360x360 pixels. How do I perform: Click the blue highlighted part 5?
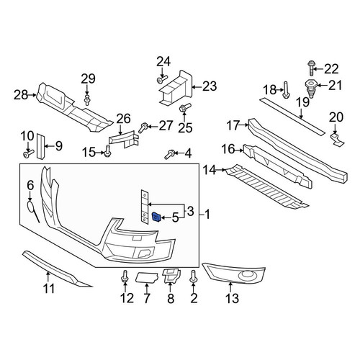[157, 217]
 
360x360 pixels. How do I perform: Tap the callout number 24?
[163, 61]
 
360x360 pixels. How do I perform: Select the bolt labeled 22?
[310, 68]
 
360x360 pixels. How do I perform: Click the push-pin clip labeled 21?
[311, 88]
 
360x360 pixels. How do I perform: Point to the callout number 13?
[233, 298]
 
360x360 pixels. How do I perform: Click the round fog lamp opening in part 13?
[247, 274]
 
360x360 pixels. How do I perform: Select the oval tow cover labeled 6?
[30, 207]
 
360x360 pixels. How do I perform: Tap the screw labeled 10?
[28, 154]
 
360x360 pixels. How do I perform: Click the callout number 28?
[21, 95]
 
